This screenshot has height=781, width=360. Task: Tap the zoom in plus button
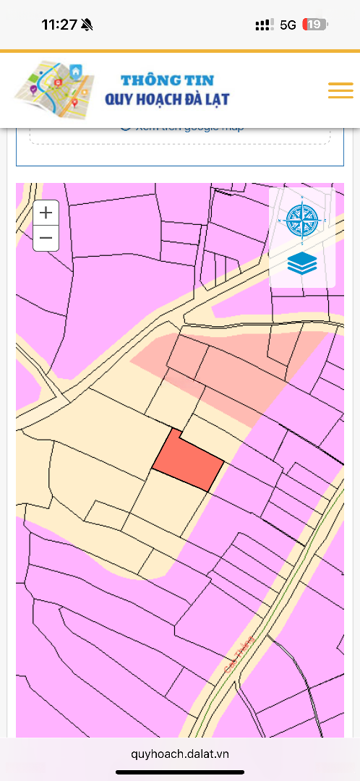pos(46,213)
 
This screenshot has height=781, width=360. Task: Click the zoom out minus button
pos(46,238)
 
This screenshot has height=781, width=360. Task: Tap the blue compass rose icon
pos(301,221)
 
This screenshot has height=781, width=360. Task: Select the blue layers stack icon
pos(301,263)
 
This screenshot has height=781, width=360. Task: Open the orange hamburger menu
pos(340,90)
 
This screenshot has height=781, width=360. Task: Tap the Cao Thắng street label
pos(239,654)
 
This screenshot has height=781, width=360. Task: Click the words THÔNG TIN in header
pos(167,80)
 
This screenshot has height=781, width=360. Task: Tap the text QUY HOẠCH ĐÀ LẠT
pos(167,99)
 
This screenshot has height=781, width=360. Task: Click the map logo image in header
pos(54,90)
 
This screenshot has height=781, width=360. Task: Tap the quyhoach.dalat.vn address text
pos(180,754)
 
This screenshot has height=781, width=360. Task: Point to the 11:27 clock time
pos(59,25)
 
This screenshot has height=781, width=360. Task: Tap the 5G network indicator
pos(288,25)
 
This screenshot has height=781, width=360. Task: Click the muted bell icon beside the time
pos(87,25)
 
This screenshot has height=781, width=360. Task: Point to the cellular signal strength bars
pos(264,25)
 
